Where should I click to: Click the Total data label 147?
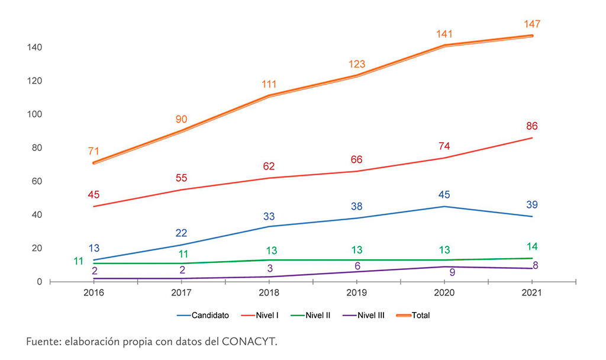(532, 24)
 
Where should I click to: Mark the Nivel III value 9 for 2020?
(445, 273)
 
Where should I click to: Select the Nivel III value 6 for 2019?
(357, 266)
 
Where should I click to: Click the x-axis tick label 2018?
(269, 292)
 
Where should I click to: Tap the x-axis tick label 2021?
(532, 292)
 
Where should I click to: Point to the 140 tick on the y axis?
(34, 47)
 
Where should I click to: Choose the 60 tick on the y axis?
(36, 181)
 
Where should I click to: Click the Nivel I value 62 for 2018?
(269, 166)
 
